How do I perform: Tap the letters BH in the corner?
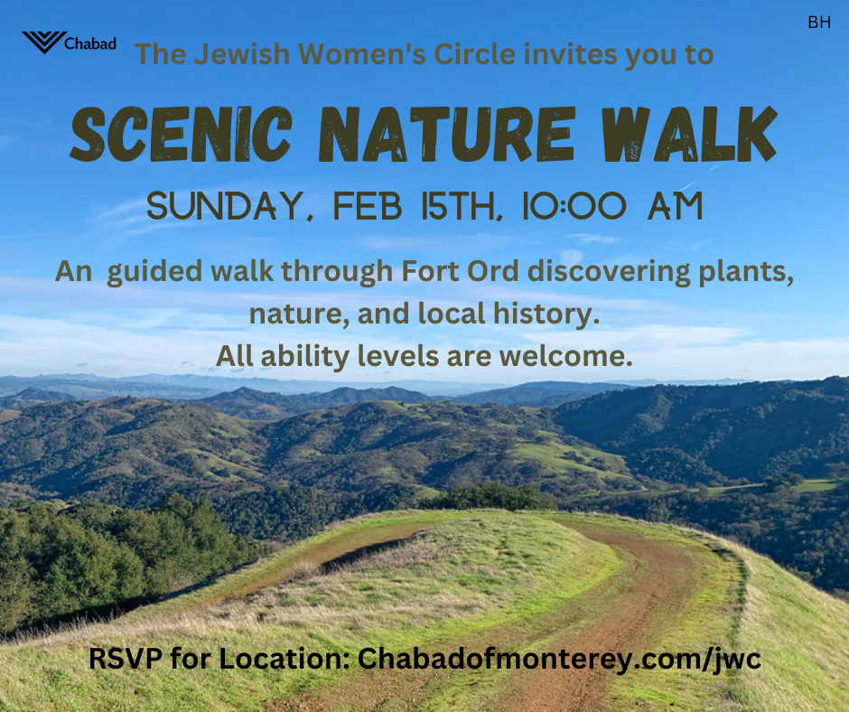(x=818, y=23)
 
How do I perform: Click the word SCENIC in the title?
(x=182, y=134)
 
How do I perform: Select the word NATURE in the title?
(x=445, y=134)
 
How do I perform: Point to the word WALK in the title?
(x=689, y=134)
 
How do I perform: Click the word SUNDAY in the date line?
(x=225, y=206)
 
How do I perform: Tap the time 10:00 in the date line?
(x=574, y=206)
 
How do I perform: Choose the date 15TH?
(x=458, y=206)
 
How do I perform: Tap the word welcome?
(x=565, y=356)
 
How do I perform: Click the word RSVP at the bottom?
(x=126, y=659)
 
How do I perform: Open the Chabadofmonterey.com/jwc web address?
(x=559, y=660)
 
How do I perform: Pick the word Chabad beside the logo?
(x=90, y=42)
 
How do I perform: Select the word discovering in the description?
(x=609, y=271)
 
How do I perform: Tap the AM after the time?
(x=676, y=206)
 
